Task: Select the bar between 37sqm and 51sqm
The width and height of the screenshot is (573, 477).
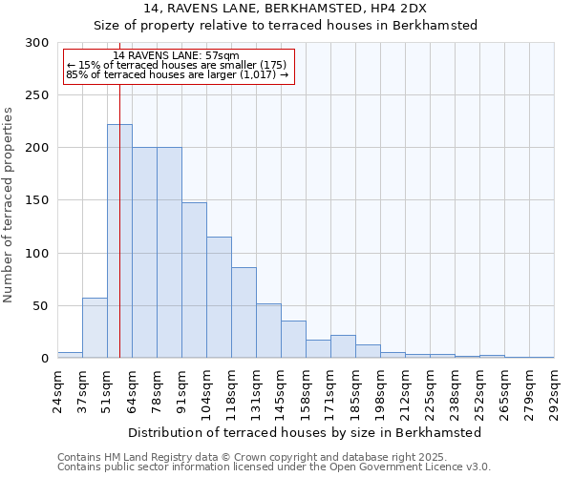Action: (95, 328)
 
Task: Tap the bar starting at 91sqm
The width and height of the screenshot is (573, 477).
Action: (194, 280)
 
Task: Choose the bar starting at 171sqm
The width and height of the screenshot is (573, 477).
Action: (343, 346)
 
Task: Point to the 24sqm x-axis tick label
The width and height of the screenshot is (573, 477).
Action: (58, 387)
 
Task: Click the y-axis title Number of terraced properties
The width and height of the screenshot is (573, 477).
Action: (9, 204)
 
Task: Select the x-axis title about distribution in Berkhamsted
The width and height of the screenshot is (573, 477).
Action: (305, 432)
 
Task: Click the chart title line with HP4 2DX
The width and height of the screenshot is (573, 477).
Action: (286, 9)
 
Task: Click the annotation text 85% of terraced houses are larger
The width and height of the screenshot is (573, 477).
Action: (178, 74)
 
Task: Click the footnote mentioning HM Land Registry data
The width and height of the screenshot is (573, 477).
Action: (273, 457)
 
